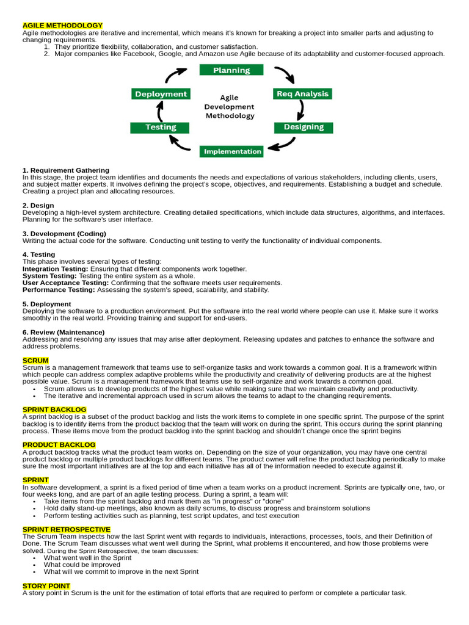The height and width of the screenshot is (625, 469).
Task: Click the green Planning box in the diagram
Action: tap(231, 70)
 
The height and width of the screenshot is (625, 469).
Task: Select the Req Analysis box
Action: tap(302, 94)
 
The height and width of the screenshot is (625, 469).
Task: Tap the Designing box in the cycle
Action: tap(304, 127)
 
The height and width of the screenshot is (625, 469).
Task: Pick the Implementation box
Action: tap(232, 151)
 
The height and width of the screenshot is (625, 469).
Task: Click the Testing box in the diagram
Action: tap(161, 127)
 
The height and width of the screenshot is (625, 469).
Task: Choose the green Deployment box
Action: tap(161, 94)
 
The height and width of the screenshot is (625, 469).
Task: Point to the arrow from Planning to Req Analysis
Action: tap(285, 74)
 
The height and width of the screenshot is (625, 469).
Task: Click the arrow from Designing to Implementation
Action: tap(282, 145)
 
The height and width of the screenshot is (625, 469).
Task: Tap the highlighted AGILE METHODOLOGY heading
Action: tap(62, 26)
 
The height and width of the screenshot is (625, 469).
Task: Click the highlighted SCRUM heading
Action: tap(35, 361)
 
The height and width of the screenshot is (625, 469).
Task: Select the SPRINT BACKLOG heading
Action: tap(54, 410)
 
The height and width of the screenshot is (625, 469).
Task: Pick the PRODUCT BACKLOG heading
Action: tap(59, 445)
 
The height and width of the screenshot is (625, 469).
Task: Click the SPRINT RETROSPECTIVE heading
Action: tap(67, 529)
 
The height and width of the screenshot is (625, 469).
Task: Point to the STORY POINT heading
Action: tap(46, 586)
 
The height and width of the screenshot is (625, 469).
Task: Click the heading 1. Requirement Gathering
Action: tap(66, 170)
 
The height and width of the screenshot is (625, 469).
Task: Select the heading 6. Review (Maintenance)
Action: tap(64, 332)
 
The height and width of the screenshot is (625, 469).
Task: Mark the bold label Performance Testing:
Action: tap(59, 290)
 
